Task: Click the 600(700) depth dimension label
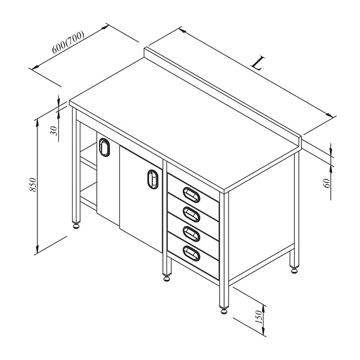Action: [68, 42]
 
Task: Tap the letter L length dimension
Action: [258, 63]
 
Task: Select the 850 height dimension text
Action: [33, 184]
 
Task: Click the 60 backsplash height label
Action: [327, 183]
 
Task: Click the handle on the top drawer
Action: [191, 195]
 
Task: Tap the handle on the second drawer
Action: [191, 215]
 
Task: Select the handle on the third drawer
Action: [191, 234]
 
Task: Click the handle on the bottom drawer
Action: [191, 253]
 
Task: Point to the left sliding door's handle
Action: [104, 148]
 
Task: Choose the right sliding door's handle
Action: [153, 179]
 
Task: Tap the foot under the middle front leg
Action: [166, 278]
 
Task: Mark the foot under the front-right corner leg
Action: [224, 310]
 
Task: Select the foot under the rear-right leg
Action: [294, 270]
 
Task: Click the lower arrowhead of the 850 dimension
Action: [37, 248]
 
